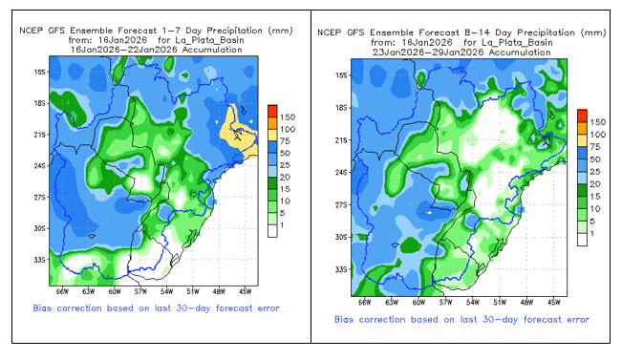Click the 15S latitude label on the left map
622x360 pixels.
[x=39, y=73]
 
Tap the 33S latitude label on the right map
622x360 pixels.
[x=341, y=269]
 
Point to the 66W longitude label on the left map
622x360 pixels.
[x=62, y=292]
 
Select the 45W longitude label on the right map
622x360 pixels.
[x=554, y=303]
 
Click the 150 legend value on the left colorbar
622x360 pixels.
[x=288, y=116]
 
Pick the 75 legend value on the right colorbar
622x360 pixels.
[x=595, y=147]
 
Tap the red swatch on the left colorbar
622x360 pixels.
[x=272, y=111]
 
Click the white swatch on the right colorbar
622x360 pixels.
[x=582, y=240]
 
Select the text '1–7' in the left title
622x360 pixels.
[x=171, y=31]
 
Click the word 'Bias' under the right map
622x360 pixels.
[x=344, y=319]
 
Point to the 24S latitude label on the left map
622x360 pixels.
[x=39, y=166]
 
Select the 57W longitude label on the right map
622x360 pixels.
[x=445, y=303]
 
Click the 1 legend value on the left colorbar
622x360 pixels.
[x=282, y=224]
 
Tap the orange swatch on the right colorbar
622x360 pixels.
[x=582, y=128]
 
